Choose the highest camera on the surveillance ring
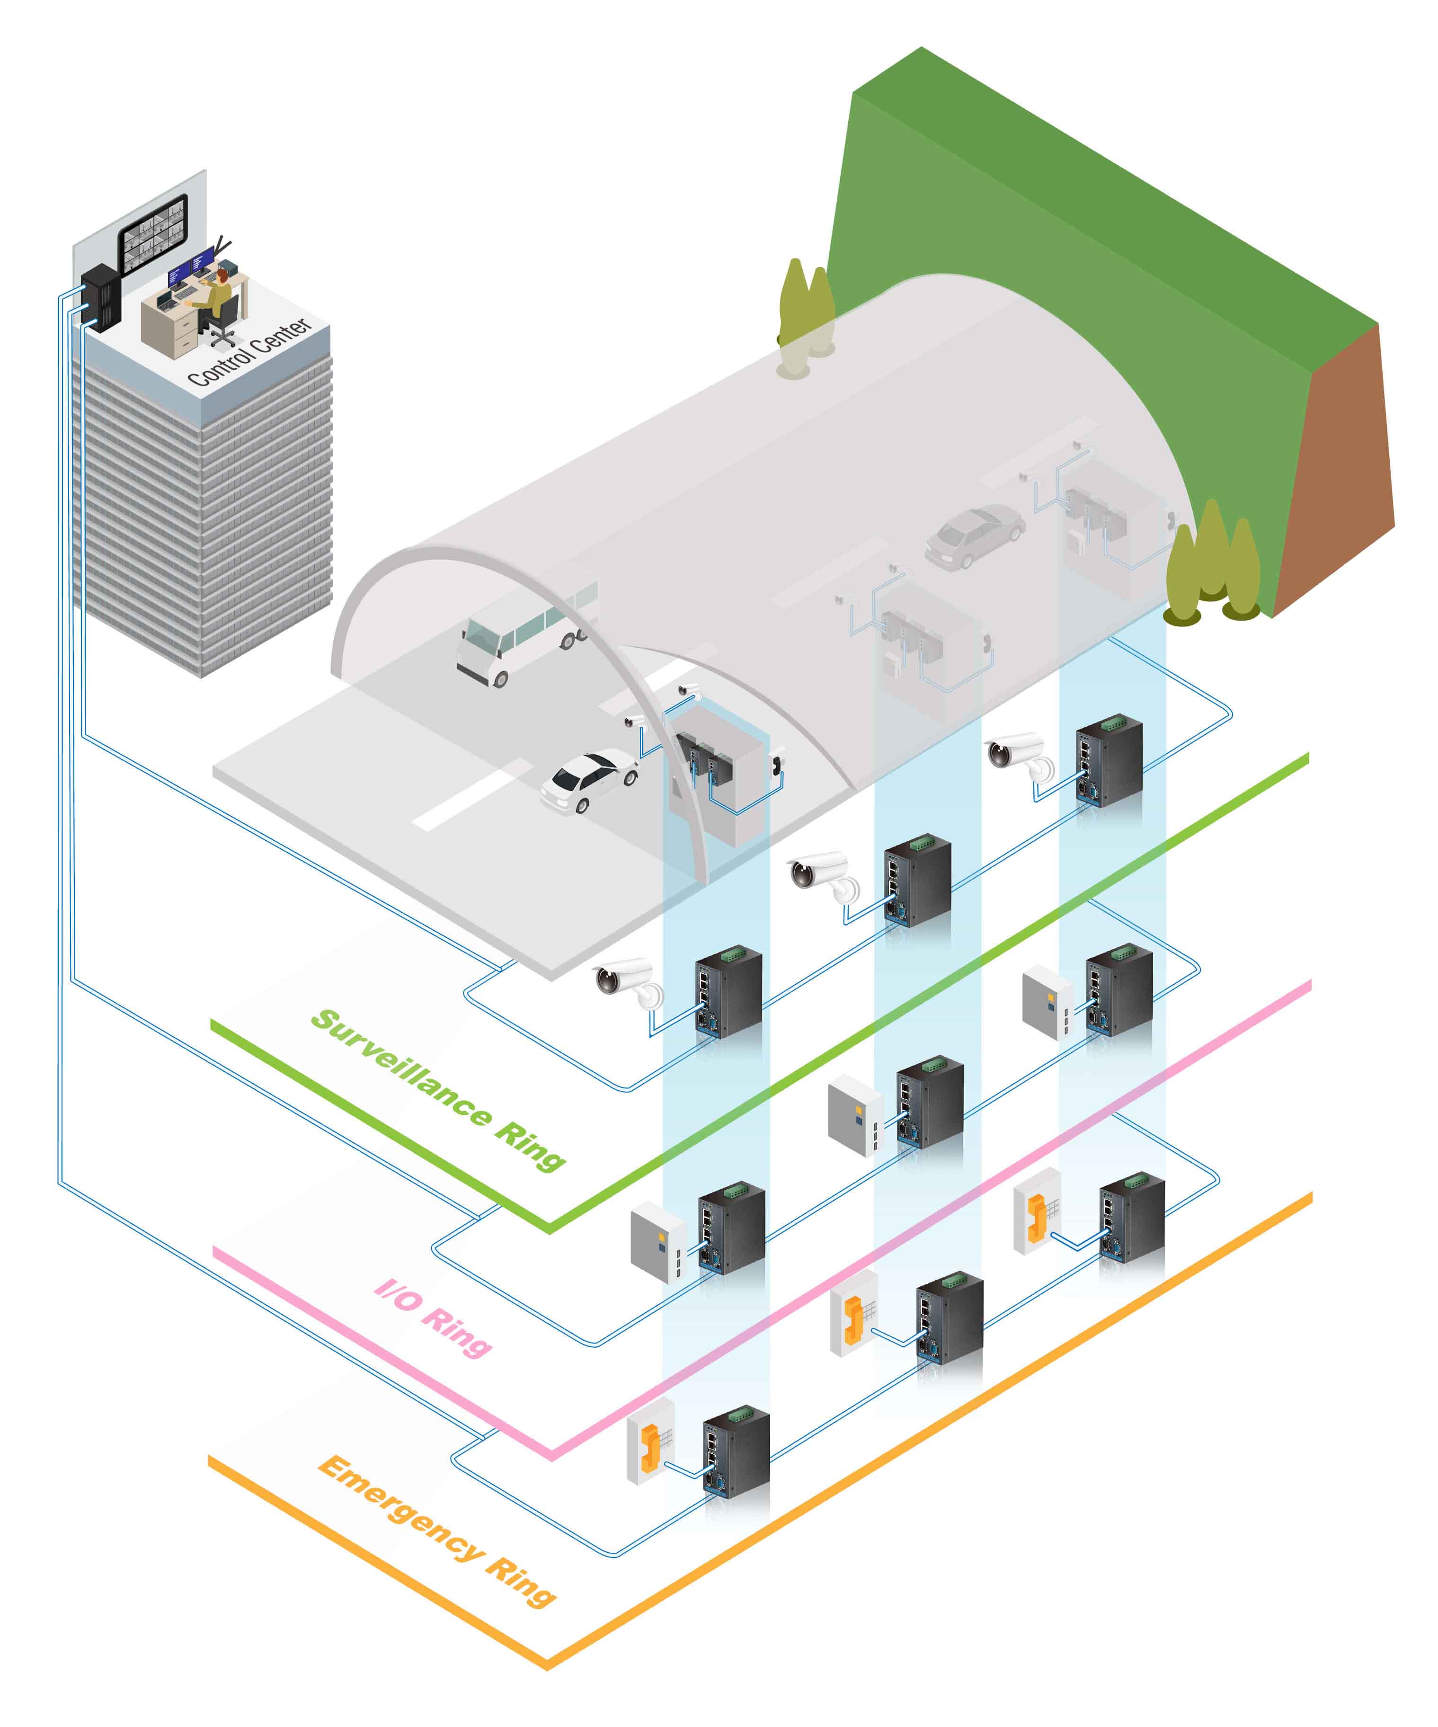[x=1020, y=756]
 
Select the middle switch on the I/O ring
[x=929, y=1102]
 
